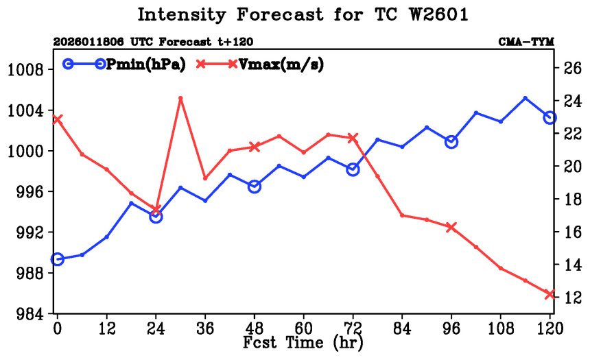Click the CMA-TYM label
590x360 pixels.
[526, 42]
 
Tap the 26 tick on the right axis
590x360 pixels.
[569, 68]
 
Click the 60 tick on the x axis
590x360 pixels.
[303, 328]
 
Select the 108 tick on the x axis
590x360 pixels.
[500, 328]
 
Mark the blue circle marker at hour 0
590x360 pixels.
[58, 259]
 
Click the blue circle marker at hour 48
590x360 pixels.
[255, 187]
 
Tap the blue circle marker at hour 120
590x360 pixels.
[550, 118]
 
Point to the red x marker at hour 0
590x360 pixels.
[58, 119]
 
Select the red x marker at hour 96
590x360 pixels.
[451, 227]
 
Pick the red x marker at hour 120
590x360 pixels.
[550, 294]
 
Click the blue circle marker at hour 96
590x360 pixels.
[451, 142]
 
